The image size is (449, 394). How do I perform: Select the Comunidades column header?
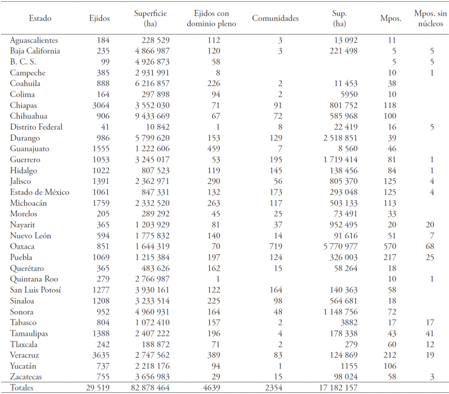tap(276, 18)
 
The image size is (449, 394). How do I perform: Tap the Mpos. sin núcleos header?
tap(429, 18)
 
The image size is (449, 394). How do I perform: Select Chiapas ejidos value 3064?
tap(99, 105)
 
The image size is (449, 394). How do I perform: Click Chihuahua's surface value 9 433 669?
tap(147, 116)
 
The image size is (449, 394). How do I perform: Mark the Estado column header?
tap(40, 18)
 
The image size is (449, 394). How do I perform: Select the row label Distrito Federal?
tap(36, 127)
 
